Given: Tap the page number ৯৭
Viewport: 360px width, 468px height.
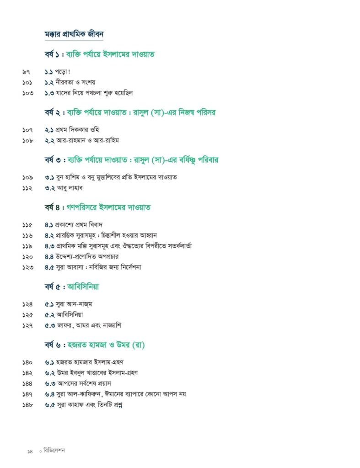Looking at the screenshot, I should [x=27, y=72].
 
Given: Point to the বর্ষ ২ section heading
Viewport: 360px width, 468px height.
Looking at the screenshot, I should [x=130, y=112].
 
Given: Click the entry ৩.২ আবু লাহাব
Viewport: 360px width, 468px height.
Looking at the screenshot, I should [x=64, y=188].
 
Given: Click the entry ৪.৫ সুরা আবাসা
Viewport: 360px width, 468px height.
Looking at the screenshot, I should [x=93, y=267].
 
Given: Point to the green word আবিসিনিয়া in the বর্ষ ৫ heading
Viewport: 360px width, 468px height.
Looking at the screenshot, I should [x=83, y=287].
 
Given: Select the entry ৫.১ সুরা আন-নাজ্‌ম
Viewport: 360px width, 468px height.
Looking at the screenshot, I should [x=69, y=304].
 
